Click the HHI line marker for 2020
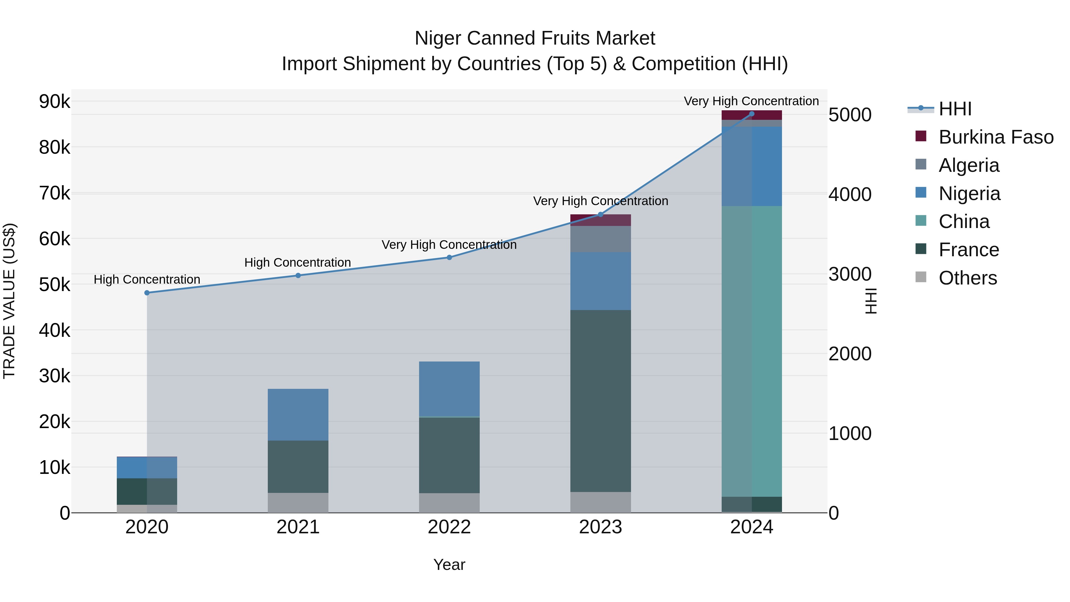point(147,293)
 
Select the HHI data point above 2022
point(449,257)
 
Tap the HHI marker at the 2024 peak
point(751,114)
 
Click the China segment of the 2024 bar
point(751,351)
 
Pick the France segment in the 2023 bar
point(600,401)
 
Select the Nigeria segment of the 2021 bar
point(298,415)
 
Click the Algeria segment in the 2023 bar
point(600,239)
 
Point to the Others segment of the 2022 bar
point(449,503)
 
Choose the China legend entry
point(964,221)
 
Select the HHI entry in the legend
point(954,109)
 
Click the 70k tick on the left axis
point(54,193)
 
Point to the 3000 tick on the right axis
point(850,274)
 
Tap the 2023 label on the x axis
point(600,527)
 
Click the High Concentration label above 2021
point(298,263)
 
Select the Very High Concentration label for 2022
point(449,245)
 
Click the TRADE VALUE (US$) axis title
point(10,301)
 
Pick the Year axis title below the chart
point(449,565)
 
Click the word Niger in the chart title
point(438,38)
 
